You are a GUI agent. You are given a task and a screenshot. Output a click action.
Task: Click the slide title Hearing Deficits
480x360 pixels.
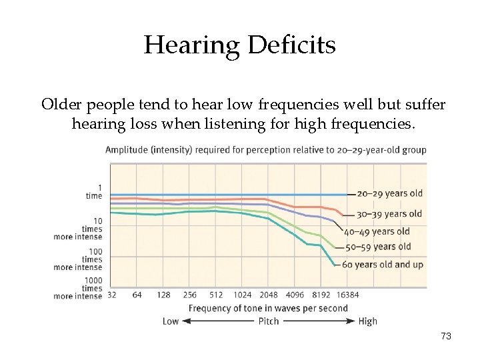239,45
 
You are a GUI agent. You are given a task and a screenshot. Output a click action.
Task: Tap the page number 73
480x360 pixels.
446,337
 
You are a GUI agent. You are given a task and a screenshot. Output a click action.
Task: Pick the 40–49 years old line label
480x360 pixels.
377,232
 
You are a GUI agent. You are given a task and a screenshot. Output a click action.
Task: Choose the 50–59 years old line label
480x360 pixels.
377,247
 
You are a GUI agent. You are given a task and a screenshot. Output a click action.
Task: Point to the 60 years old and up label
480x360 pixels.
382,265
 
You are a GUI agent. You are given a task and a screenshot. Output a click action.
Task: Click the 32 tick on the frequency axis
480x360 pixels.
111,295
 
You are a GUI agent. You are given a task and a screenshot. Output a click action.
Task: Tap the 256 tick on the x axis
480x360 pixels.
189,295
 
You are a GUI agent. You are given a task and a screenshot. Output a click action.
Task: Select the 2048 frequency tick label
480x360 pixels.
268,295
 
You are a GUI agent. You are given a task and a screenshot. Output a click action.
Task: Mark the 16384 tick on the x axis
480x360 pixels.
347,295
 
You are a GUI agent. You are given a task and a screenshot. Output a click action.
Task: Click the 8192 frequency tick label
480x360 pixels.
321,295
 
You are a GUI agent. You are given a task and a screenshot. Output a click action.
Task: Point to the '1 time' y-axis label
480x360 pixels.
94,192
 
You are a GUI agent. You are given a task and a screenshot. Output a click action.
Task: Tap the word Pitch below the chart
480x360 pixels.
269,321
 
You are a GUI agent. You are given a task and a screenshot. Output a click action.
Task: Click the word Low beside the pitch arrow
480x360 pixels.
171,321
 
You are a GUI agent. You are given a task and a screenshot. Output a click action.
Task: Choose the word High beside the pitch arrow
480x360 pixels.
367,321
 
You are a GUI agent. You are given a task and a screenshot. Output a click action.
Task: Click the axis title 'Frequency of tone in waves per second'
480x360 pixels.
268,308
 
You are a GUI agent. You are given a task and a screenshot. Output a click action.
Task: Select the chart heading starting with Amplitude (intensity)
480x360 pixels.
265,149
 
